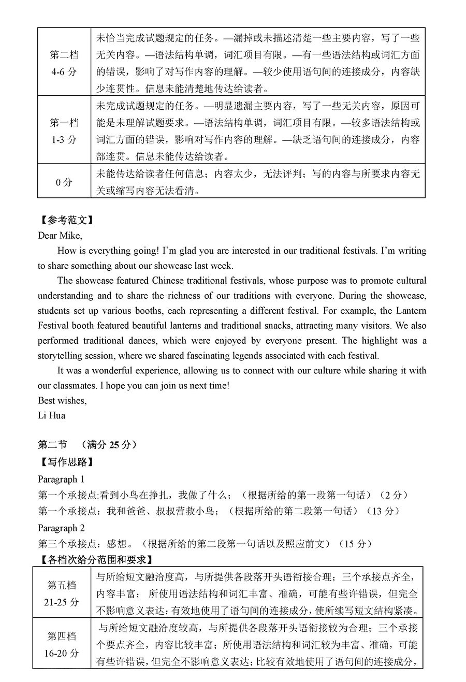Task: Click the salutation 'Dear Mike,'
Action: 60,235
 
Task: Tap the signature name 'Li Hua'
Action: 51,415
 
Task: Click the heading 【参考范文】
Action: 66,220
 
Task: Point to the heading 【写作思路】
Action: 66,462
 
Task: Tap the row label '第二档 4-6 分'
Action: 64,63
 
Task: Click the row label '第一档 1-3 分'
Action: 64,131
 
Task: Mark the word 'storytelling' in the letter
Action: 62,356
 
